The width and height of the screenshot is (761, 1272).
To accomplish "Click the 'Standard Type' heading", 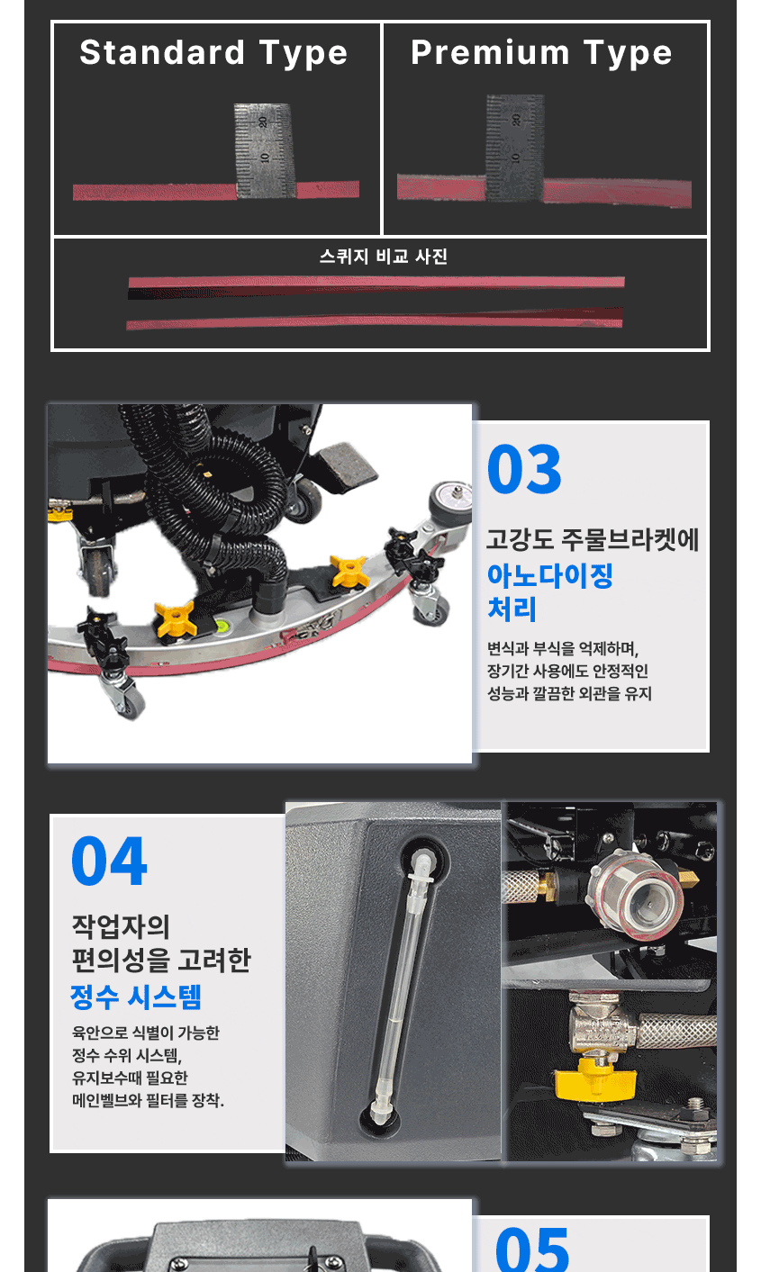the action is [213, 53].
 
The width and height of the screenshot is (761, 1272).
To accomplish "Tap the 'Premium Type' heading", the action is [542, 53].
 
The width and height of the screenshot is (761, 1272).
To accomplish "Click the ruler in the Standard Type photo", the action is [264, 150].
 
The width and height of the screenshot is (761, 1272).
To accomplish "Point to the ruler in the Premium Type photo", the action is [515, 148].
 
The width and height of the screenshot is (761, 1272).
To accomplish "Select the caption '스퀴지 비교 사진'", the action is [384, 257].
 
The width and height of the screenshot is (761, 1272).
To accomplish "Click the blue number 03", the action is [524, 469].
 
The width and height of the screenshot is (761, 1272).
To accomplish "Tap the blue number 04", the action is [109, 861].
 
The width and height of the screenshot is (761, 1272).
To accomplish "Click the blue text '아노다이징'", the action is [550, 575].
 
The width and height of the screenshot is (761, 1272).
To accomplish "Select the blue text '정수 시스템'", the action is [136, 997].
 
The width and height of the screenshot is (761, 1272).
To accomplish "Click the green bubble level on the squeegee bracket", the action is [220, 626].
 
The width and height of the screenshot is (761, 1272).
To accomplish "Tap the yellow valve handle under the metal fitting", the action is [594, 1083].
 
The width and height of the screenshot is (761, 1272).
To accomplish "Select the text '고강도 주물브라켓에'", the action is [593, 539].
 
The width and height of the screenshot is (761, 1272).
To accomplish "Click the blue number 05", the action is [532, 1250].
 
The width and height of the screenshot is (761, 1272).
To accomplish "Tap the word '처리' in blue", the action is [512, 609].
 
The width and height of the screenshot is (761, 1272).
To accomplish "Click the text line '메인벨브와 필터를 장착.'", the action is [149, 1100].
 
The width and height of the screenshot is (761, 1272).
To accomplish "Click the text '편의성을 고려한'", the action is [161, 960].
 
